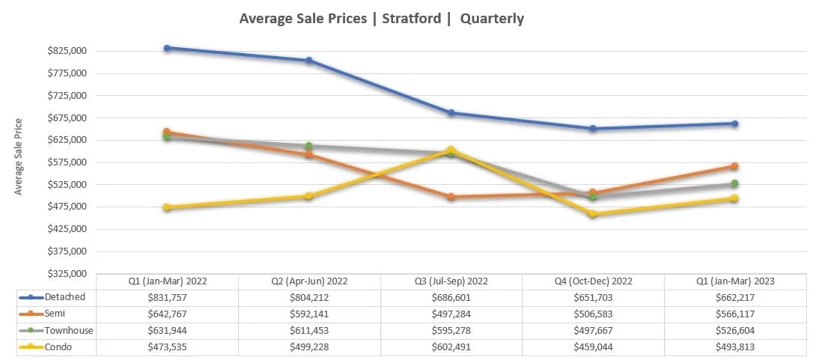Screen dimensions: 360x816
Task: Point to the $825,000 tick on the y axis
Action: pyautogui.click(x=67, y=51)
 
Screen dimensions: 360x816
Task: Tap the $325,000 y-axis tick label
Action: pyautogui.click(x=67, y=274)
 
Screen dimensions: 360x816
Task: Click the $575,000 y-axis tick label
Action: pyautogui.click(x=67, y=162)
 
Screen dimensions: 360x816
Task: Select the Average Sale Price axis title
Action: pyautogui.click(x=19, y=156)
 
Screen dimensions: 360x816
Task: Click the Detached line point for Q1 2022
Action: pyautogui.click(x=167, y=48)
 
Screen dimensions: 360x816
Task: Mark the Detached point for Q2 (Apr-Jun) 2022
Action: pyautogui.click(x=309, y=61)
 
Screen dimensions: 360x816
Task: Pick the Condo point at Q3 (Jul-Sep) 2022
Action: pyautogui.click(x=451, y=150)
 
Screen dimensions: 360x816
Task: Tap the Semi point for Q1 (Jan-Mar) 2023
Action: pyautogui.click(x=735, y=166)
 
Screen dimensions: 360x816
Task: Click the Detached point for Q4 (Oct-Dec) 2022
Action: pyautogui.click(x=593, y=129)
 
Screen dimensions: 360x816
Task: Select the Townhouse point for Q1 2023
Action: pyautogui.click(x=735, y=183)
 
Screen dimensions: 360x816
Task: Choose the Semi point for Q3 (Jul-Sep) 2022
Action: pyautogui.click(x=451, y=197)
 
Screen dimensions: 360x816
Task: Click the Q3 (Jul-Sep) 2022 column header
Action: pyautogui.click(x=451, y=281)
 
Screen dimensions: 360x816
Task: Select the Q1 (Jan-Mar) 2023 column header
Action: pyautogui.click(x=735, y=281)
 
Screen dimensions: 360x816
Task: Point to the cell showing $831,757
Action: pyautogui.click(x=167, y=297)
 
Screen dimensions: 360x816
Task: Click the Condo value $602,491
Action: pyautogui.click(x=451, y=347)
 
